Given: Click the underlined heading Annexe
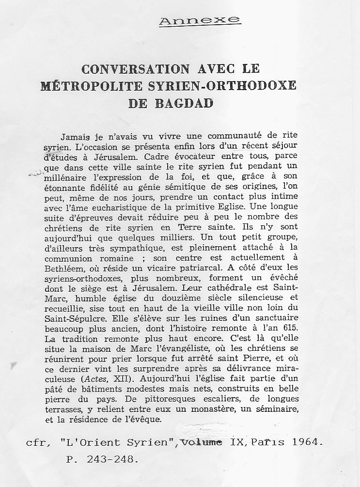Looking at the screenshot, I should coord(200,20).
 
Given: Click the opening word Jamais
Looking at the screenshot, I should coord(73,137).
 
